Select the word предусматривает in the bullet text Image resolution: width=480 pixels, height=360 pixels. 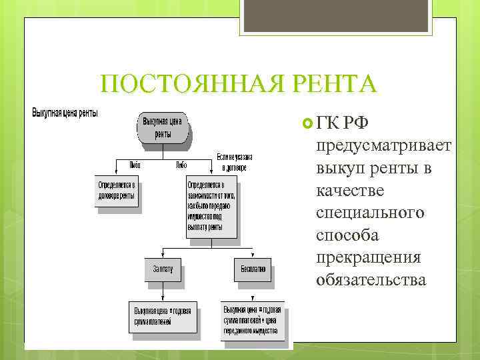[x=385, y=146]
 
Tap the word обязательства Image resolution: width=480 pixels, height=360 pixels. [x=371, y=280]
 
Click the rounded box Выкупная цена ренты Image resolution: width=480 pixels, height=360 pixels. [x=163, y=127]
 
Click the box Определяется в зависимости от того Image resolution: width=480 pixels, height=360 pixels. [x=211, y=205]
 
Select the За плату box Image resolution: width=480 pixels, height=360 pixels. [x=163, y=269]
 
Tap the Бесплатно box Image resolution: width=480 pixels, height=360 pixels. [x=249, y=269]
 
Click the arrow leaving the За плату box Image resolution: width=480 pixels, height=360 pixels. [x=163, y=291]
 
